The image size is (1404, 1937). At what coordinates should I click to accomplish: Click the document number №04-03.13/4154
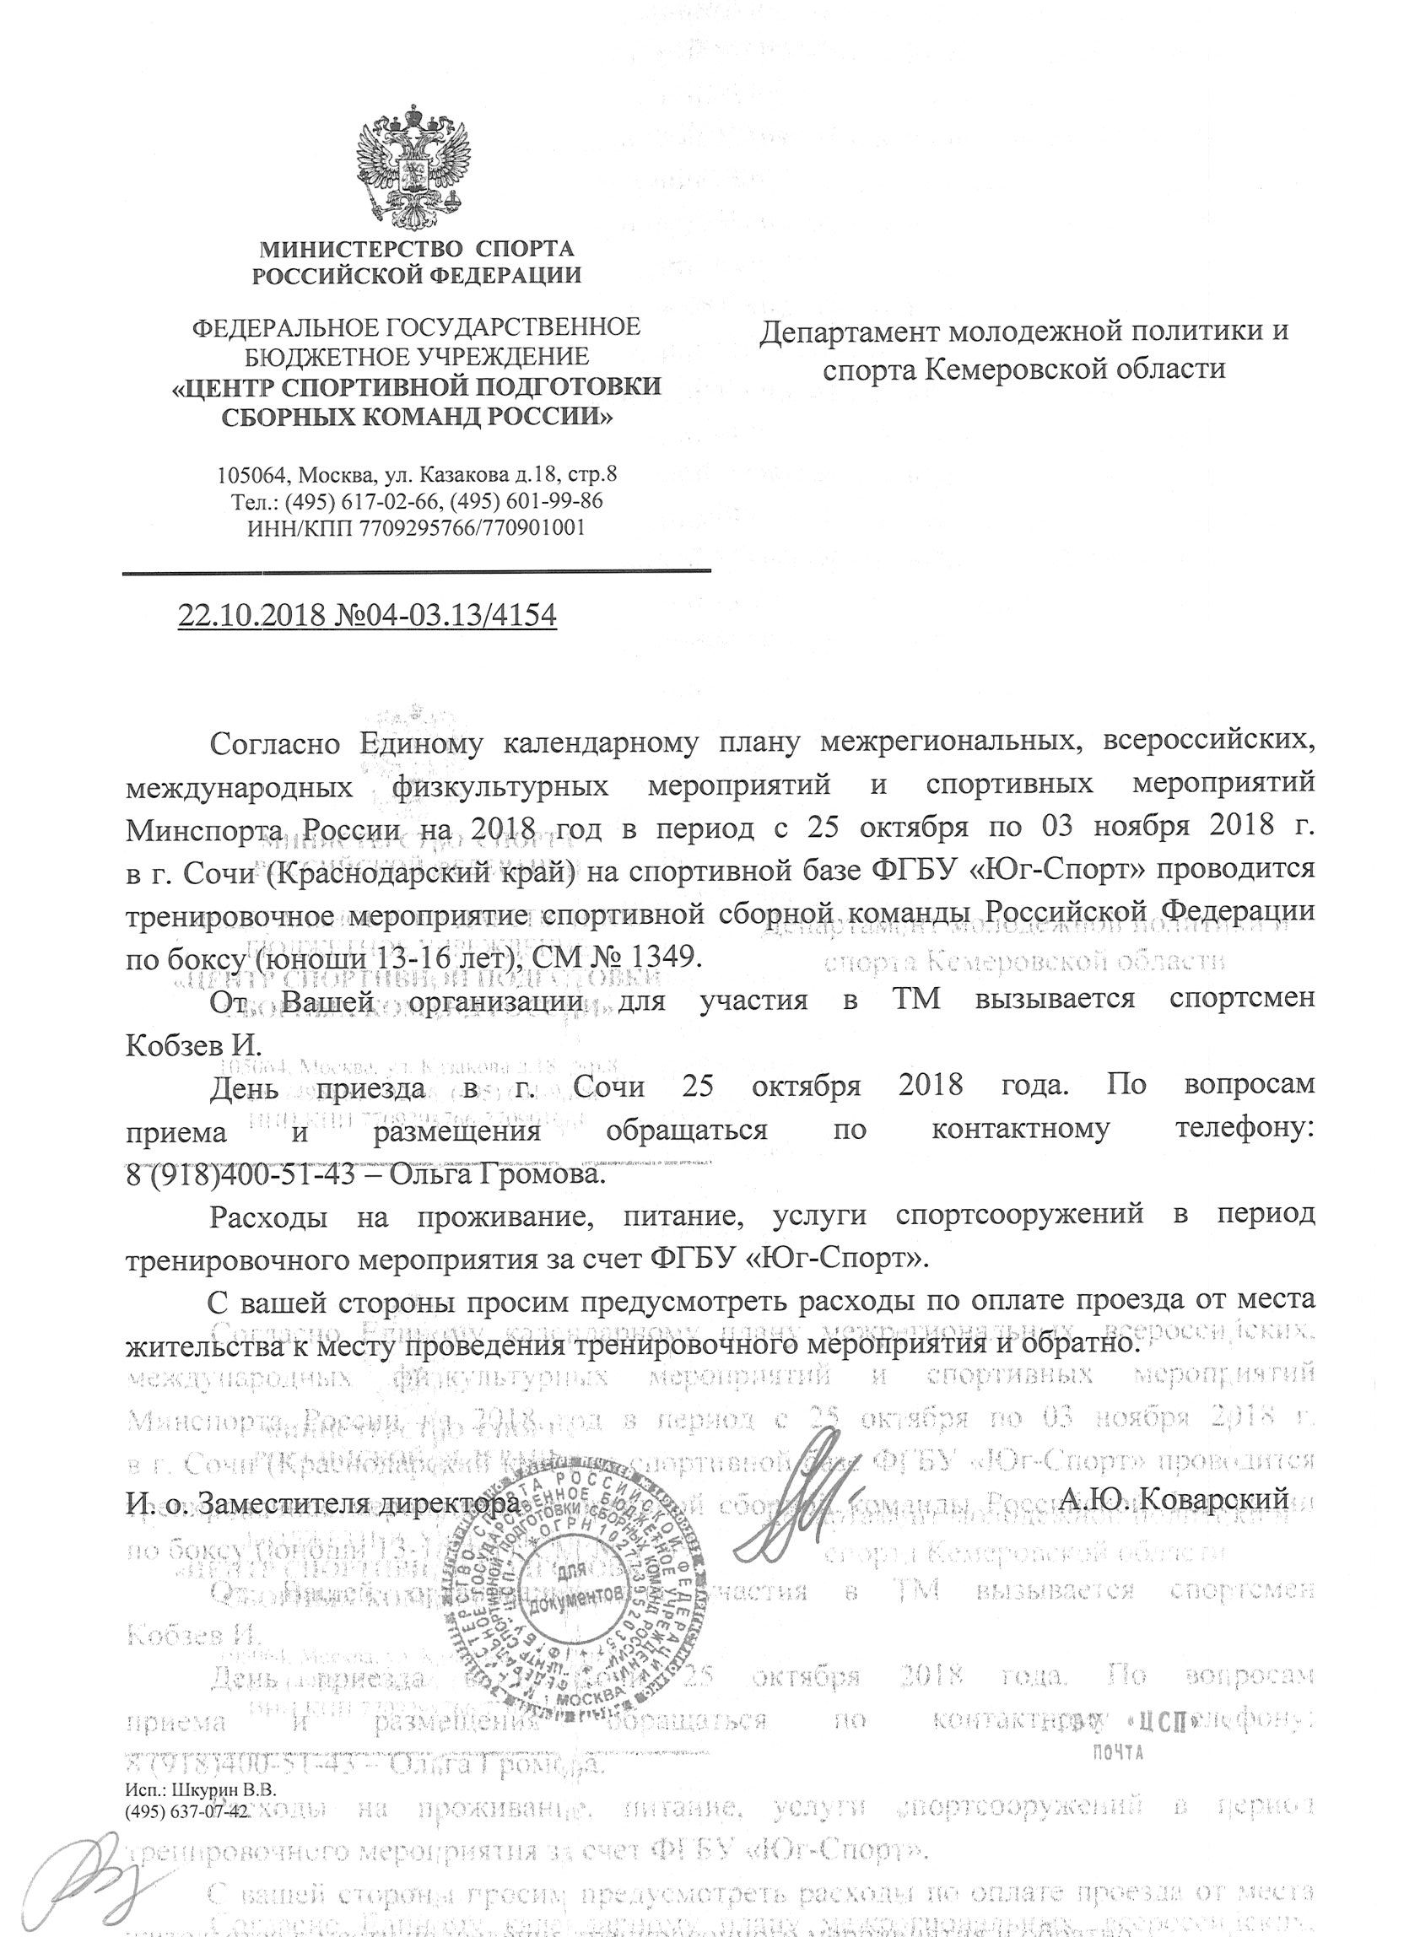tap(441, 614)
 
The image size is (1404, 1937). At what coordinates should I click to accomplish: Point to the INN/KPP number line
tap(416, 528)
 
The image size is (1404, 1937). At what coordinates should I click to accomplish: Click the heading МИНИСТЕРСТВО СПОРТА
tap(416, 250)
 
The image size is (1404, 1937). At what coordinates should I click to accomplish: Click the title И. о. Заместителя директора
tap(321, 1502)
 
